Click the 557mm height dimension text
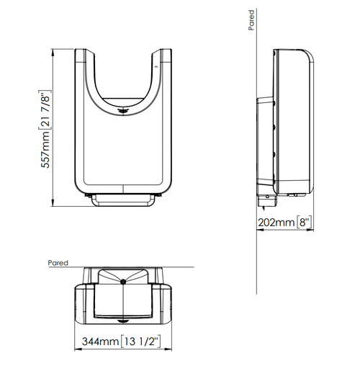(46, 150)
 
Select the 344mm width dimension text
(100, 341)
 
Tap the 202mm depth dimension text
(276, 223)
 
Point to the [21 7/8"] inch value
(45, 110)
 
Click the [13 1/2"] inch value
(140, 341)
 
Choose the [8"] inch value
(305, 222)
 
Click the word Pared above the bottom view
(58, 263)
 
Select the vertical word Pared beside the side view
(251, 20)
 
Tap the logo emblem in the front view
(122, 111)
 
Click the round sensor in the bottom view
(123, 282)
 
